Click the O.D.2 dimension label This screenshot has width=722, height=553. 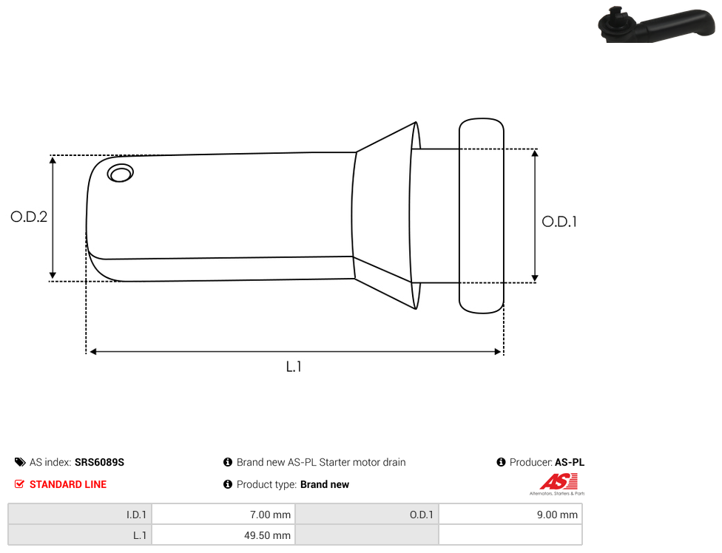(x=29, y=217)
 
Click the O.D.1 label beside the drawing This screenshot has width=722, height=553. (x=559, y=222)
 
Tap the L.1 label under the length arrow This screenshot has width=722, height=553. (x=294, y=367)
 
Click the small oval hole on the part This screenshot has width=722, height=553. (x=120, y=173)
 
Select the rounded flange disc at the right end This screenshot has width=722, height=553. (x=482, y=216)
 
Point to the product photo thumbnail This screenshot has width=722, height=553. (x=657, y=24)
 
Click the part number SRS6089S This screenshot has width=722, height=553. (x=99, y=462)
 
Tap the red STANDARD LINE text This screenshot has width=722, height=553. (x=68, y=484)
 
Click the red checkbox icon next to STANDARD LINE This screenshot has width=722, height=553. (x=19, y=484)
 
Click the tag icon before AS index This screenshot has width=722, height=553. (x=20, y=462)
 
